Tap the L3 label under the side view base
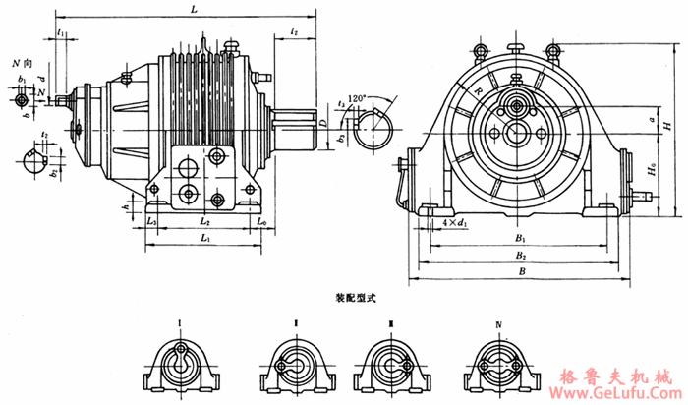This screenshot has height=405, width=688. [151, 223]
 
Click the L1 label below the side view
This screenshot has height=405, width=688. [203, 239]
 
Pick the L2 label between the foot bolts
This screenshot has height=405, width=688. [202, 223]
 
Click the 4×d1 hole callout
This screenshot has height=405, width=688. [453, 225]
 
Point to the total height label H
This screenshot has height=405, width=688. [667, 127]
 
